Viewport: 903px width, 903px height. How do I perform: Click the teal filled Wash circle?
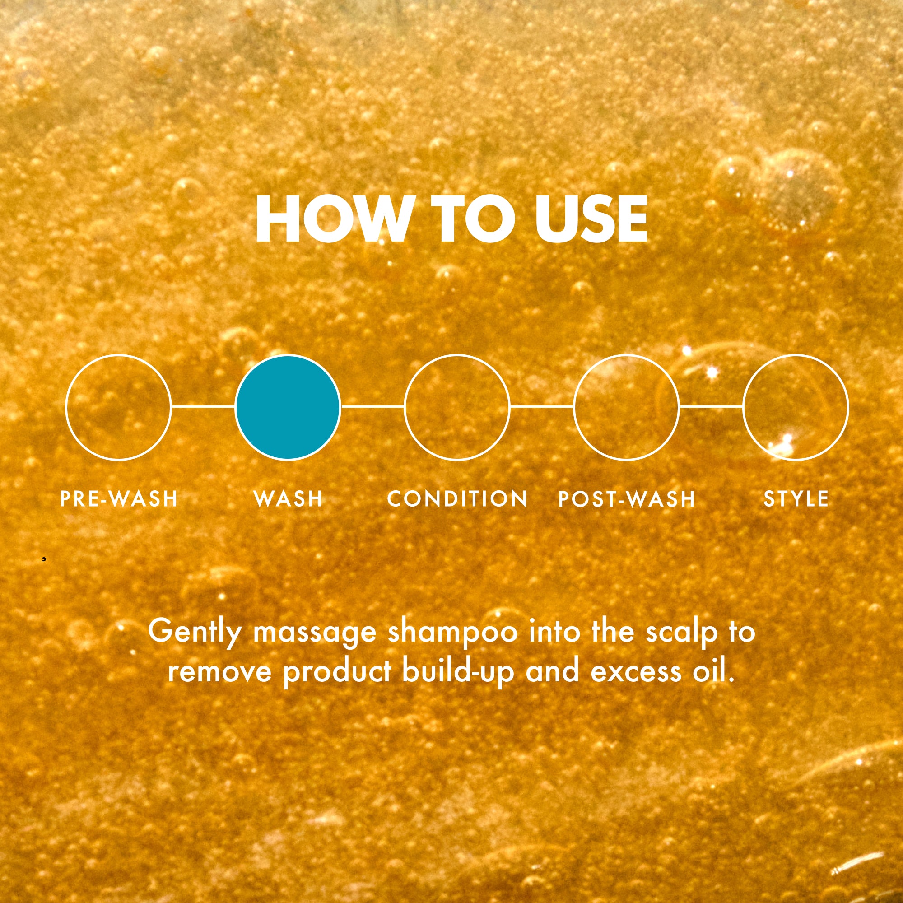click(288, 407)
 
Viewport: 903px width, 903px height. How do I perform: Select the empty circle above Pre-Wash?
click(66, 407)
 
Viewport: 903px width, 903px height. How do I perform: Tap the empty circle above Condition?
click(405, 407)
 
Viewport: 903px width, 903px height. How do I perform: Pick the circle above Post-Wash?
click(574, 407)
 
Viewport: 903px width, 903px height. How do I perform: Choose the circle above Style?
click(744, 407)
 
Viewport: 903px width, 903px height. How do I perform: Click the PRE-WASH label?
click(119, 499)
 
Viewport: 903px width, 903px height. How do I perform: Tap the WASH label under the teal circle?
click(289, 499)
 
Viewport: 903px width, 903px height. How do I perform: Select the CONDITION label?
click(457, 499)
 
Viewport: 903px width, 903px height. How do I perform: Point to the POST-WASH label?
click(627, 499)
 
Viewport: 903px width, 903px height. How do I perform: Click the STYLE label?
click(796, 499)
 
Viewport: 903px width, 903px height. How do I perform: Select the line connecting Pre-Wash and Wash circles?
click(203, 407)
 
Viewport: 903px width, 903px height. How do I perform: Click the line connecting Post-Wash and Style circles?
click(712, 407)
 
